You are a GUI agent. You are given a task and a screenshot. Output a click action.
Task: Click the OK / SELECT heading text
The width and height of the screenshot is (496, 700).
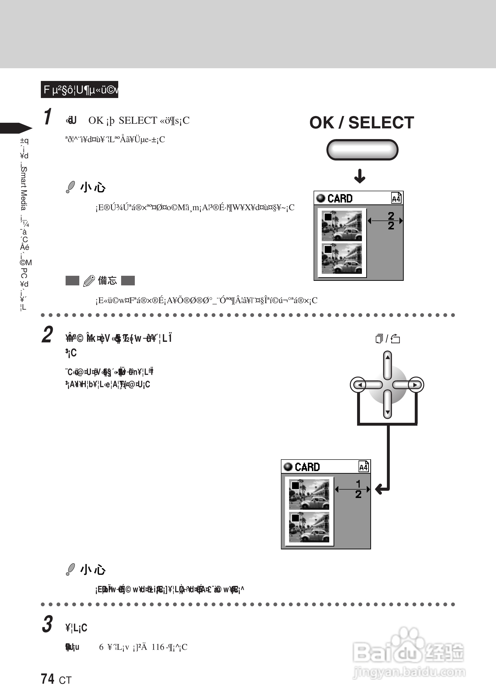(362, 123)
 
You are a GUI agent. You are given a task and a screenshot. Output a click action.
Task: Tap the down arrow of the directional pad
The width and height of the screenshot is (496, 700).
(388, 412)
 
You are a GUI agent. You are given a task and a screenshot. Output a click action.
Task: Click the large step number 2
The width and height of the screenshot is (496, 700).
(47, 335)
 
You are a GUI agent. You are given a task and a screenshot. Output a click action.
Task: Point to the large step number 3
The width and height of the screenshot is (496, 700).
(47, 624)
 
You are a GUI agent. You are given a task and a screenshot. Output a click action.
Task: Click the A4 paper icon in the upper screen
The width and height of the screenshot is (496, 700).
(396, 198)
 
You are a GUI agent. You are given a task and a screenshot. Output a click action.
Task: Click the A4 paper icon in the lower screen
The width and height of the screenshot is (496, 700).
(363, 467)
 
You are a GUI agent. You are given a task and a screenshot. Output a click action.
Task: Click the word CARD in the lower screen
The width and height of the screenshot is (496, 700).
(307, 467)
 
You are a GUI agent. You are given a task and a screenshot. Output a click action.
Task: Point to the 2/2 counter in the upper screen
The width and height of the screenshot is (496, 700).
(391, 221)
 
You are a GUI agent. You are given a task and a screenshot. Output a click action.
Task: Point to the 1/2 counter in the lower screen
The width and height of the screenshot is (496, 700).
(358, 489)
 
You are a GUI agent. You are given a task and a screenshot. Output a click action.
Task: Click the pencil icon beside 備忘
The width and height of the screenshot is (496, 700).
(89, 281)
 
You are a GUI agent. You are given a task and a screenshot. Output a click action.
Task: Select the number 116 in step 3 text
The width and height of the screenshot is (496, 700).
(158, 647)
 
